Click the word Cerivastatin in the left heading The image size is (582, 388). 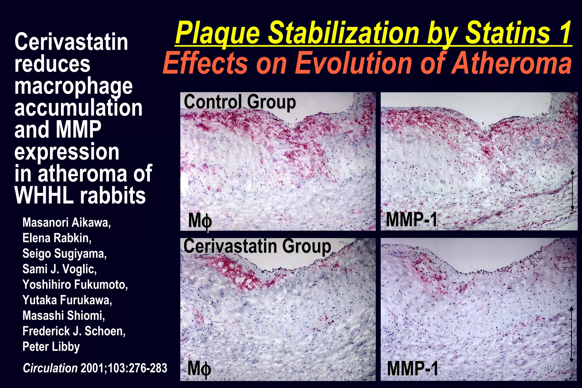(x=71, y=42)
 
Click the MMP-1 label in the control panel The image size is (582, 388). (x=411, y=220)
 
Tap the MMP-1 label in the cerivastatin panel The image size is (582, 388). (x=413, y=369)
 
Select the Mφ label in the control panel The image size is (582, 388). (x=200, y=221)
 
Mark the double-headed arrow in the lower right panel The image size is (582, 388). (x=571, y=334)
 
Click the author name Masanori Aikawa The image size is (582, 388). (x=66, y=222)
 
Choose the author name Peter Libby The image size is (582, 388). (x=51, y=347)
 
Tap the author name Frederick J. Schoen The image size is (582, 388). (x=74, y=331)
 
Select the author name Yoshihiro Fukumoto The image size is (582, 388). (x=75, y=285)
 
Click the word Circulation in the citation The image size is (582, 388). (x=50, y=368)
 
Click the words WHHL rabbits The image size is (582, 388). (x=80, y=196)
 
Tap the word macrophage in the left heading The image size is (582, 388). (x=73, y=86)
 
